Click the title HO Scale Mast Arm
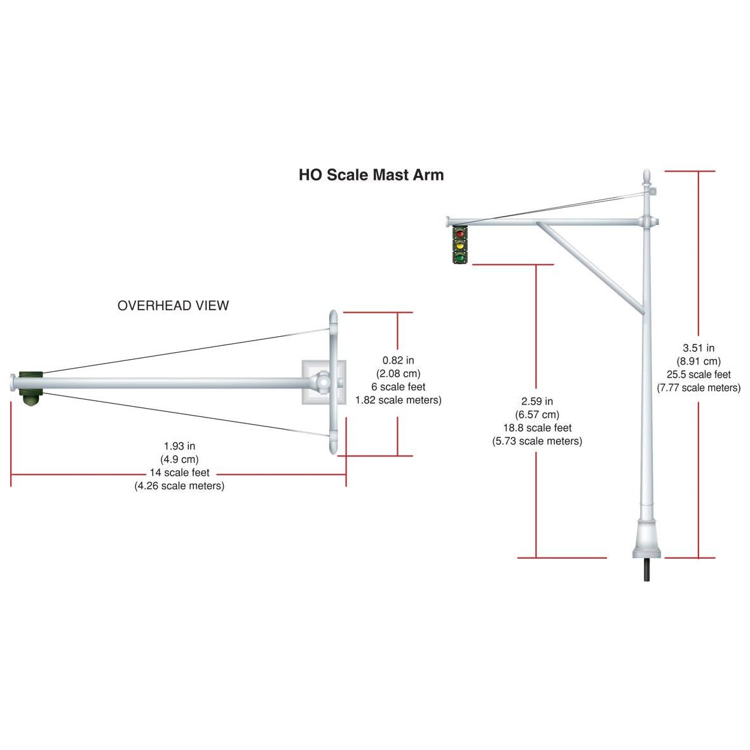click(371, 175)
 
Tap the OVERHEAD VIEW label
click(173, 306)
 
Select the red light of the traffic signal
click(460, 233)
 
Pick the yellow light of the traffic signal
click(460, 244)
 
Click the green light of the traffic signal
click(460, 256)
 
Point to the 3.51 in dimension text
click(699, 348)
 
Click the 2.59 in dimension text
click(537, 401)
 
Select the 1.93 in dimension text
click(179, 446)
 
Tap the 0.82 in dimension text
click(398, 360)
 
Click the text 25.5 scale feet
click(699, 374)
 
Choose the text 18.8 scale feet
click(537, 428)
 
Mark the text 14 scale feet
click(179, 473)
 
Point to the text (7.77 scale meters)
click(699, 388)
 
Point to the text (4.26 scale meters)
click(179, 486)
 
